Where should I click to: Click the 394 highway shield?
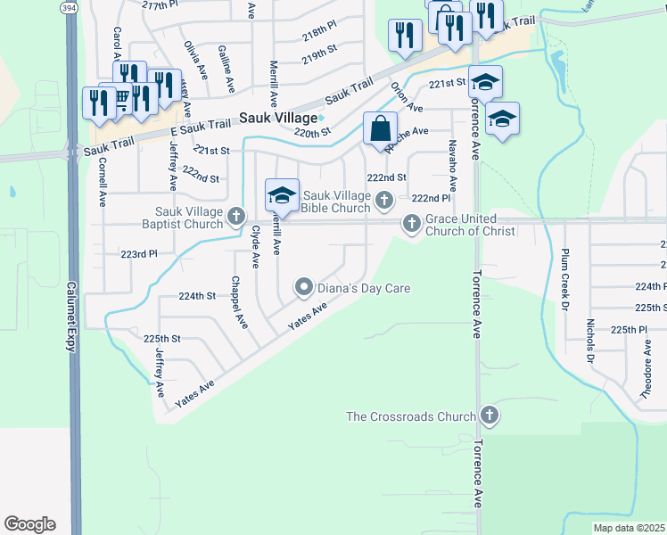pos(69,7)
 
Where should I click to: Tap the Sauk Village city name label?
pos(278,118)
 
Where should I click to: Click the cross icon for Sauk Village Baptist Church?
pos(236,216)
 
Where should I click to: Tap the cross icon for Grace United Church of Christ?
pos(411,224)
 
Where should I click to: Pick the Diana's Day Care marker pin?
pos(304,287)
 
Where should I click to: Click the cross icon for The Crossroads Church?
pos(489,416)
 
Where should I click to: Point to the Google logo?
pos(29,524)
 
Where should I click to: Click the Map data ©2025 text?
pos(630,528)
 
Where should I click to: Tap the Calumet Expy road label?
pos(70,317)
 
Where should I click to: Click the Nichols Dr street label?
pos(589,341)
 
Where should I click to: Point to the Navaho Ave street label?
pos(453,165)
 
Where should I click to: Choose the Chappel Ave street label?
pos(236,301)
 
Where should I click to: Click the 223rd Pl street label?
pos(138,254)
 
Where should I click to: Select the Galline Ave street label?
pos(226,70)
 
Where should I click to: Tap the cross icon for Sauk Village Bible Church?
pos(384,200)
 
